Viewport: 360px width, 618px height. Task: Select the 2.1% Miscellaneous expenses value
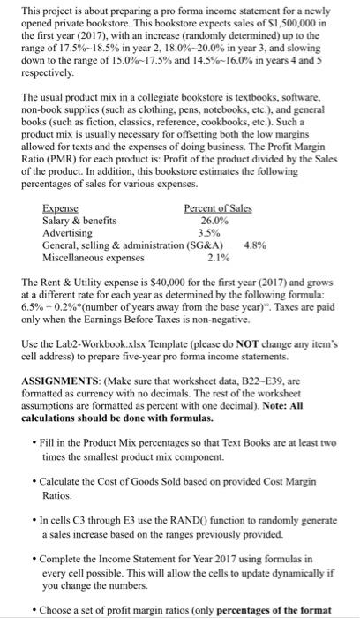pos(218,257)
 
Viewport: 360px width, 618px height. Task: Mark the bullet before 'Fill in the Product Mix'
pos(33,441)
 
